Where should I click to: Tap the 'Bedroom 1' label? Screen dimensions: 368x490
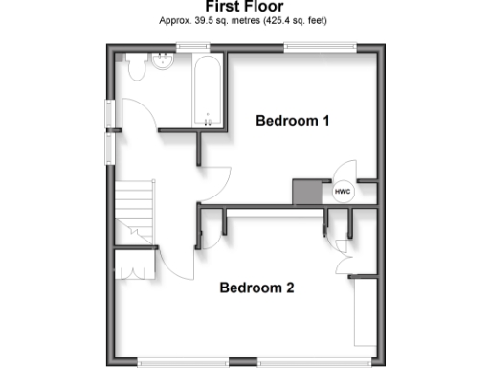292,121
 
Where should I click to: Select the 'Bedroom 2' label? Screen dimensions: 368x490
256,287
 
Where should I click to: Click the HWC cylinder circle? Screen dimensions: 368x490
343,192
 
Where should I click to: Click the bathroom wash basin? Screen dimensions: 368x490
164,65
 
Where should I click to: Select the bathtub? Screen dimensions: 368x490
208,92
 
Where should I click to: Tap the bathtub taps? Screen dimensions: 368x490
208,121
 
